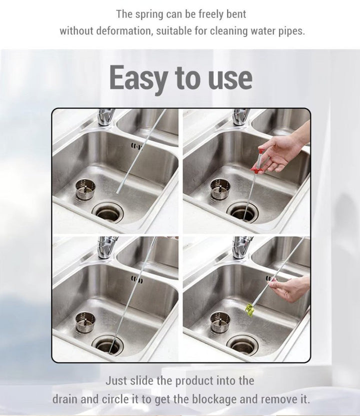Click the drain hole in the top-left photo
tap(108, 212)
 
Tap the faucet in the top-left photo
tap(106, 117)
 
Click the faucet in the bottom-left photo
tap(107, 247)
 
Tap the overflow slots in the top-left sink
tap(136, 146)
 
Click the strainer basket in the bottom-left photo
tap(85, 322)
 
